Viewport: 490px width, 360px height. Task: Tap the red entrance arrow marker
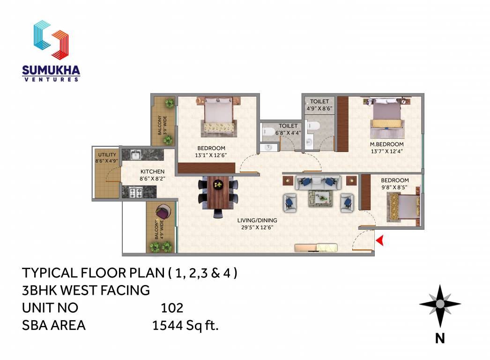click(380, 240)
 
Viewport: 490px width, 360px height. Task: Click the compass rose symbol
click(440, 305)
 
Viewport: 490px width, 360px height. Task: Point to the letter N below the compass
click(439, 338)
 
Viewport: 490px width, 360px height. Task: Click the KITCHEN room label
click(152, 172)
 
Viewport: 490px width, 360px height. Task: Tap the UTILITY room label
click(107, 154)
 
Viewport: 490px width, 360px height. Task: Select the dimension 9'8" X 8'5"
click(394, 187)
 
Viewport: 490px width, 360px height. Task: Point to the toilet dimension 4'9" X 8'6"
click(319, 108)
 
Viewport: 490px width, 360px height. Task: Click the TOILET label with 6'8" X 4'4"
click(288, 126)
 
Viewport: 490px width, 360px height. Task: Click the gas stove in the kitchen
click(135, 192)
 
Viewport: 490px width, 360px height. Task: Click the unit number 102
click(171, 308)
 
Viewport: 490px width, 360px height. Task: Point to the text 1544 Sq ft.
click(186, 325)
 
